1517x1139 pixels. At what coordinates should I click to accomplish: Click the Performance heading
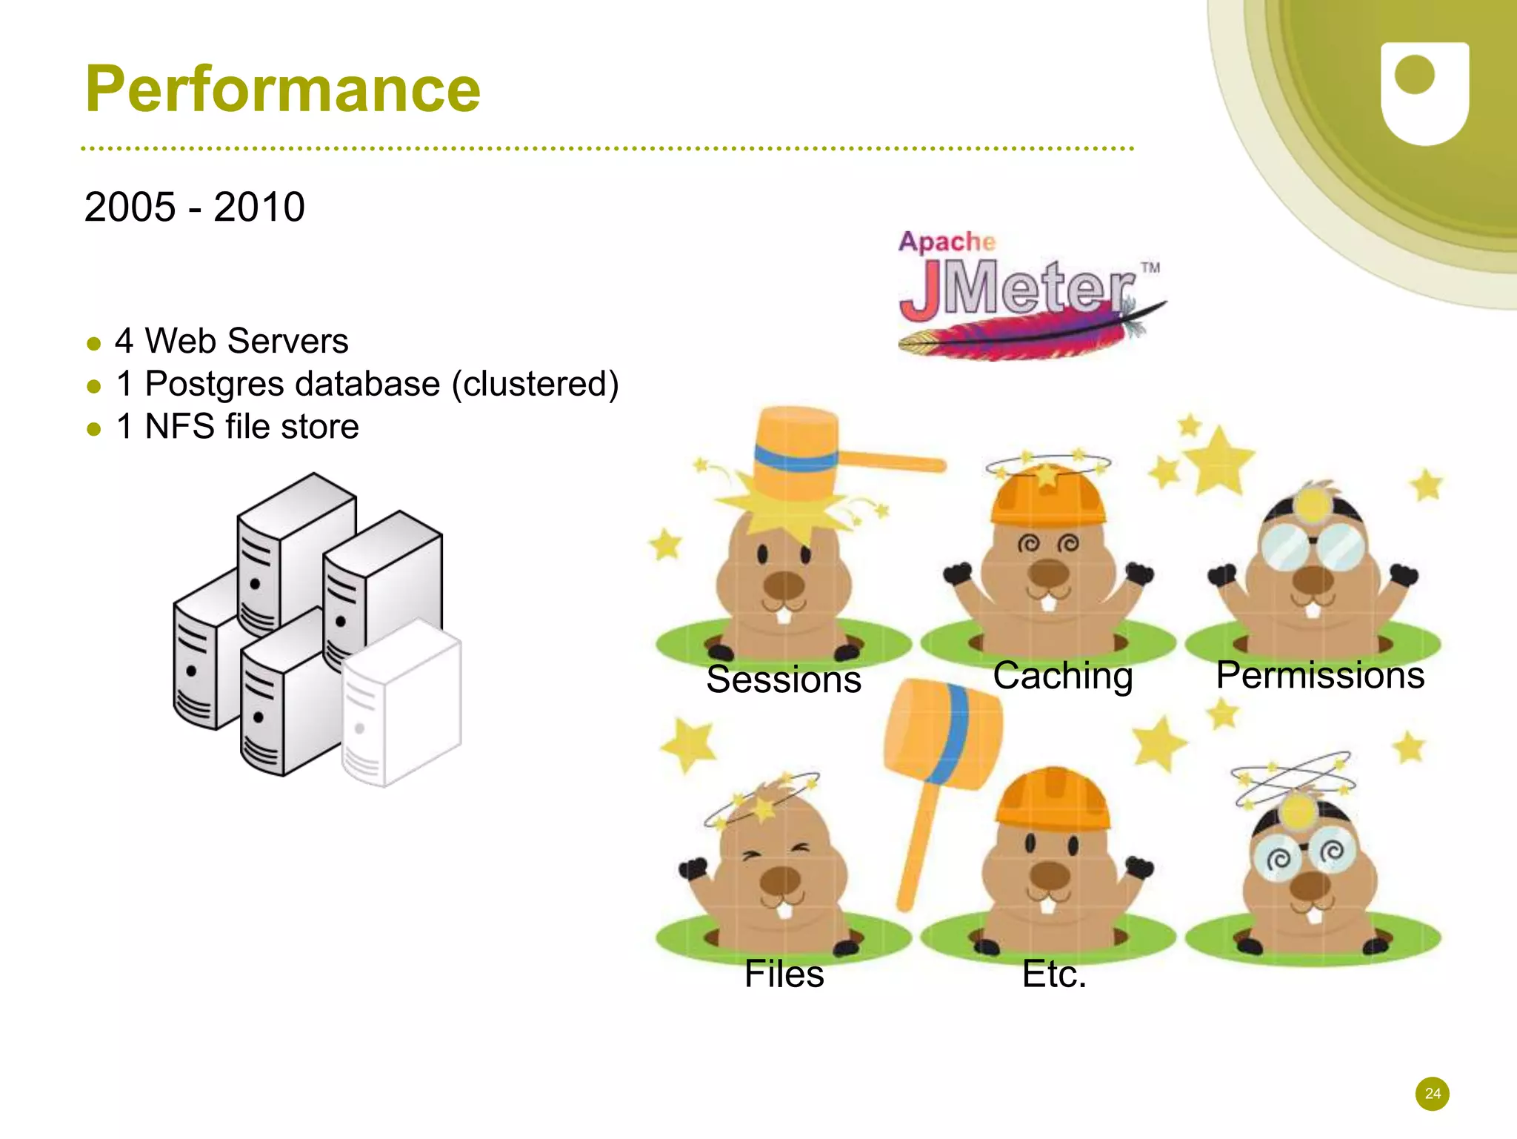(x=283, y=90)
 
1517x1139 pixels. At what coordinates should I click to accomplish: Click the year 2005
(x=130, y=207)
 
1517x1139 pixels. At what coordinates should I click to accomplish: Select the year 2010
(x=259, y=207)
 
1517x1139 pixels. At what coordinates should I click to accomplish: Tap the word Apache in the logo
(x=946, y=242)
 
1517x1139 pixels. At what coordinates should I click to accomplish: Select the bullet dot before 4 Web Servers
(x=93, y=343)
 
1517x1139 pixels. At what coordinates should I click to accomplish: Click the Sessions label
(x=784, y=680)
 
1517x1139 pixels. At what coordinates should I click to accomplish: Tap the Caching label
(x=1062, y=675)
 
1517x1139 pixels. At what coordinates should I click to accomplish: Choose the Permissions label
(x=1320, y=675)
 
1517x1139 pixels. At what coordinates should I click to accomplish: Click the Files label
(x=784, y=974)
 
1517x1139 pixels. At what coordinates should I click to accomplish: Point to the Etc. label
(x=1054, y=974)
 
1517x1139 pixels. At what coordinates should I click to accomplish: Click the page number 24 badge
(x=1432, y=1094)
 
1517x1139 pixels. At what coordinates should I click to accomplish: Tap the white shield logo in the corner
(x=1424, y=93)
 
